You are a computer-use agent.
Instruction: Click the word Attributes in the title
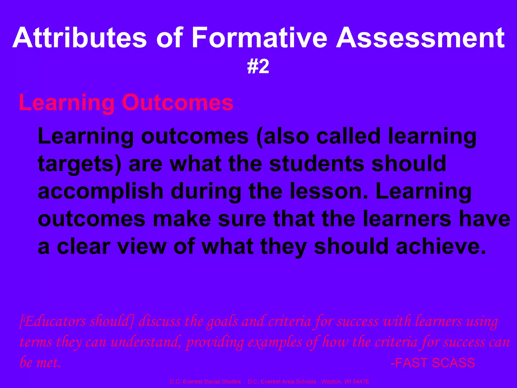(x=80, y=38)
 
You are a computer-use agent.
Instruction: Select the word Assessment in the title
(x=420, y=38)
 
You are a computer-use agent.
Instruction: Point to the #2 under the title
(x=258, y=67)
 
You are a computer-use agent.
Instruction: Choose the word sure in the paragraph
(x=242, y=219)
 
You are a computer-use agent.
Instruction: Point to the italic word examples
(x=275, y=343)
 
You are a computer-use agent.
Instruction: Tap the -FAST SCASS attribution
(x=433, y=363)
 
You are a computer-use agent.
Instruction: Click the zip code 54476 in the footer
(x=361, y=381)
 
